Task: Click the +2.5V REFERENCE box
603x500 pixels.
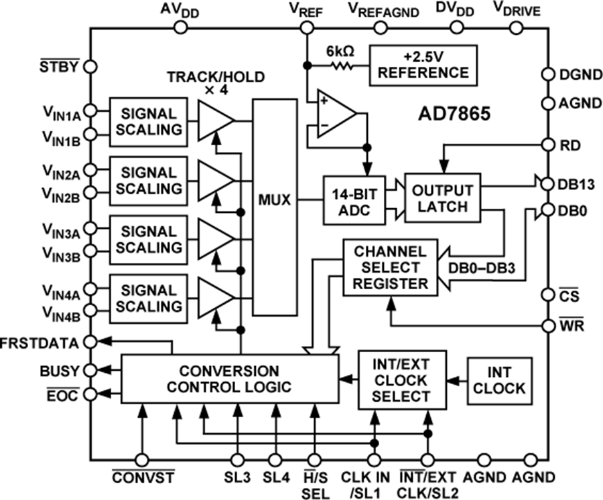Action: click(x=423, y=64)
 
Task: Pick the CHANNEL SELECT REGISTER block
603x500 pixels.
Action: click(x=389, y=268)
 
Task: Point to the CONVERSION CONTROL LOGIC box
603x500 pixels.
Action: click(x=229, y=379)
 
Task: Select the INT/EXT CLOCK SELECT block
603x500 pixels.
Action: click(x=401, y=379)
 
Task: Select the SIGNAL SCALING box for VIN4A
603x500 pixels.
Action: click(x=149, y=299)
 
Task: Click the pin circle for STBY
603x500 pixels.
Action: click(x=91, y=67)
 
